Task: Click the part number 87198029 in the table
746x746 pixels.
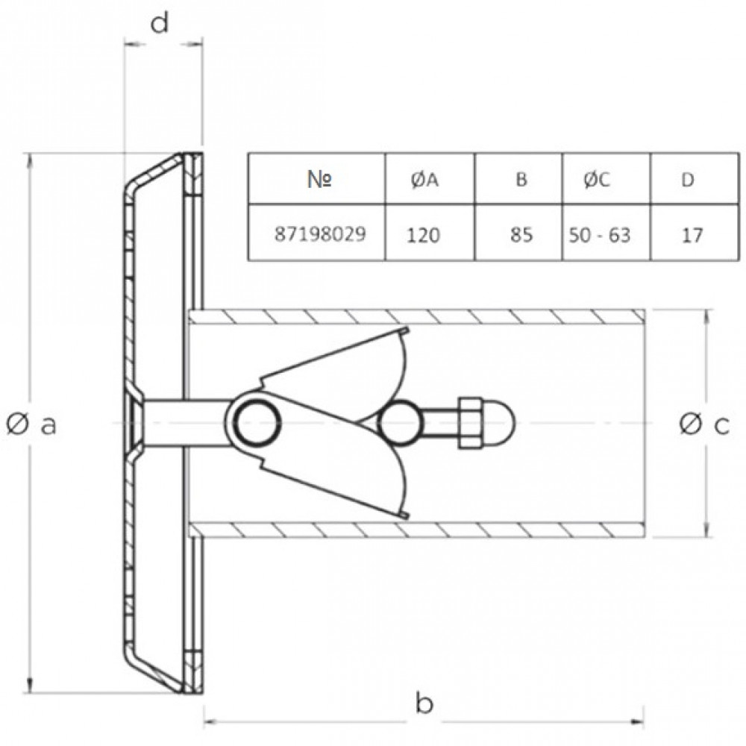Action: (x=320, y=234)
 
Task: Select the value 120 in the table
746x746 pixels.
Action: (x=424, y=235)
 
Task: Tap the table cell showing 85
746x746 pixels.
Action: (x=521, y=234)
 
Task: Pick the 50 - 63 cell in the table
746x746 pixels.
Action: (x=600, y=235)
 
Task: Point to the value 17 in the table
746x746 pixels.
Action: (x=692, y=235)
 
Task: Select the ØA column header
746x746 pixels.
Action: (x=425, y=181)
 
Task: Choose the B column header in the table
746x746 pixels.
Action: (x=521, y=179)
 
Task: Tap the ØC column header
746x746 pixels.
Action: (x=597, y=180)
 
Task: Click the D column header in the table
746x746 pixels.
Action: (x=688, y=180)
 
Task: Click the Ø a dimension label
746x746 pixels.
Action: (x=31, y=424)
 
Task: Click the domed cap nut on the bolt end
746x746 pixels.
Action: (x=500, y=423)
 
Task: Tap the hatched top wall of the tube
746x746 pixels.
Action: (x=417, y=316)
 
